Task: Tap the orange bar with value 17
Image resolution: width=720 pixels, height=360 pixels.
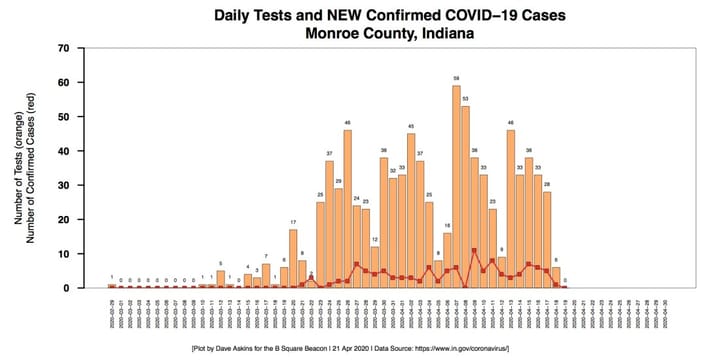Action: (x=293, y=259)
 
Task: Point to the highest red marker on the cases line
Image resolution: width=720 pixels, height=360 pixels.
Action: (x=474, y=251)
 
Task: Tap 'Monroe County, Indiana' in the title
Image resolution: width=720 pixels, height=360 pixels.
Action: (x=359, y=32)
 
